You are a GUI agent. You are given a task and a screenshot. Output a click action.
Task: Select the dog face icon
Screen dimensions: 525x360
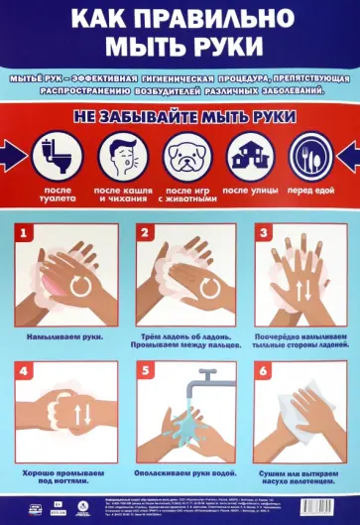point(181,156)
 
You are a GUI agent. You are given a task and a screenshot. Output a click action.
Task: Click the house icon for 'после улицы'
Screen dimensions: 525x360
point(246,156)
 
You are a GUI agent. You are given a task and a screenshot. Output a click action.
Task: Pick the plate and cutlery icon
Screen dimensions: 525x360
point(309,156)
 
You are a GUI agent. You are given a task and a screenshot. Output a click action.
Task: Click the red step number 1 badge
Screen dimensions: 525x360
point(27,234)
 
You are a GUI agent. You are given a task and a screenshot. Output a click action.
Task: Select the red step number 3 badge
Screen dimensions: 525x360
point(264,234)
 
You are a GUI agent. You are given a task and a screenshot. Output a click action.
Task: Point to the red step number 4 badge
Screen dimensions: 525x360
point(27,370)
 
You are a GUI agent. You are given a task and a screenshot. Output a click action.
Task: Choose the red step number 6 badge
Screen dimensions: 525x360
point(264,370)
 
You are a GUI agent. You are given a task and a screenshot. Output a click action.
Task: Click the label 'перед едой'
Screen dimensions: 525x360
point(309,189)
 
